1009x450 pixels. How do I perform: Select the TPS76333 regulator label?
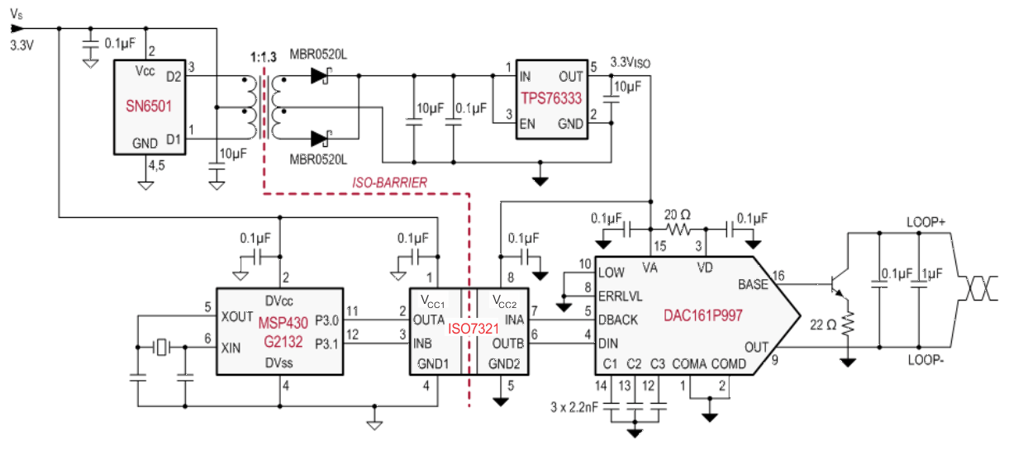coord(551,98)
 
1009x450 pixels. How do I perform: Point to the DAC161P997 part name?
coord(702,315)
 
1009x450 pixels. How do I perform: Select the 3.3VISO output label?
coord(630,62)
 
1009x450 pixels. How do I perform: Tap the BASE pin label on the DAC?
coord(751,284)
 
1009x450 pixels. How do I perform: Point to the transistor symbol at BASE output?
coord(839,286)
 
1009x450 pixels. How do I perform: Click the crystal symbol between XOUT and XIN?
coord(160,348)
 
